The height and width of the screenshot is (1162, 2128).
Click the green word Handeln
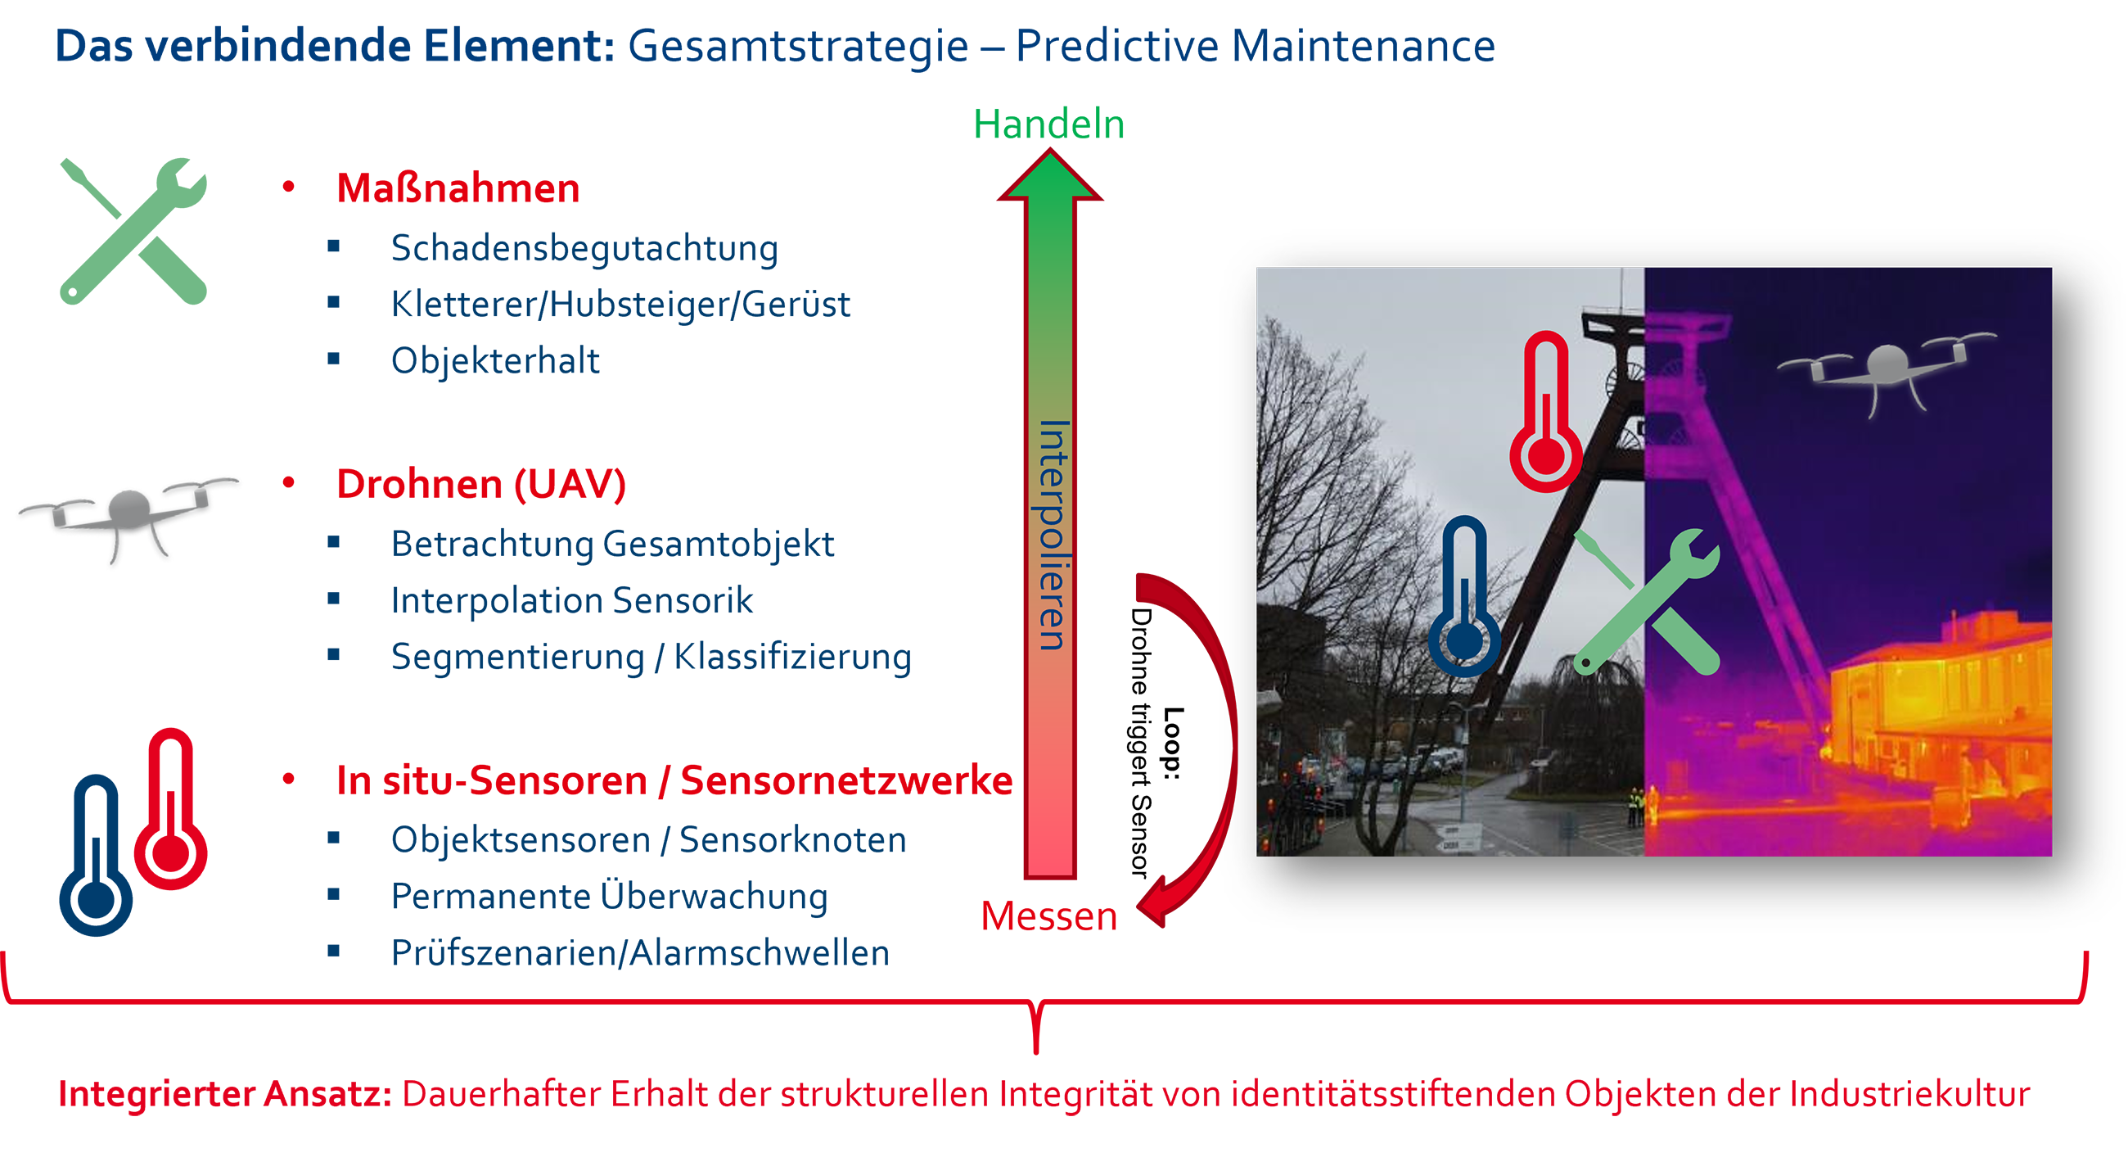click(x=1048, y=124)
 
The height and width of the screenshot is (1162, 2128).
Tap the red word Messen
click(x=1048, y=916)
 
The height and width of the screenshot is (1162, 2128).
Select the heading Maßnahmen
click(x=458, y=188)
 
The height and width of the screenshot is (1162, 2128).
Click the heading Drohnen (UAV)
click(x=480, y=484)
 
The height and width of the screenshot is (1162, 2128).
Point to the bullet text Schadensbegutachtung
click(x=584, y=249)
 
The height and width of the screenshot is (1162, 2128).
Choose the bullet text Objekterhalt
click(x=495, y=361)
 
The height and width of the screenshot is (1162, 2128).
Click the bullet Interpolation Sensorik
click(x=571, y=601)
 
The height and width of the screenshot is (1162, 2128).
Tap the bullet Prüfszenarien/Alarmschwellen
click(x=640, y=953)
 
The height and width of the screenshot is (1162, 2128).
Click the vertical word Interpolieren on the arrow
click(x=1053, y=535)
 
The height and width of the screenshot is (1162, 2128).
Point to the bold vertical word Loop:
click(x=1173, y=743)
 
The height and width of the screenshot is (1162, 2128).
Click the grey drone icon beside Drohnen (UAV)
click(x=128, y=517)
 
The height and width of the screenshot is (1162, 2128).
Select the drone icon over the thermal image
click(x=1887, y=371)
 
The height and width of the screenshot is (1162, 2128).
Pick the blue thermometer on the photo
click(x=1465, y=597)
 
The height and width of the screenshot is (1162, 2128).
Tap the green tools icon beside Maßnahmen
click(x=133, y=231)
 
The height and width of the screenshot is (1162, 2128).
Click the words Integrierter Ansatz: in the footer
click(x=225, y=1093)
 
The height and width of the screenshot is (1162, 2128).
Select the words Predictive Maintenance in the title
click(x=1255, y=46)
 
